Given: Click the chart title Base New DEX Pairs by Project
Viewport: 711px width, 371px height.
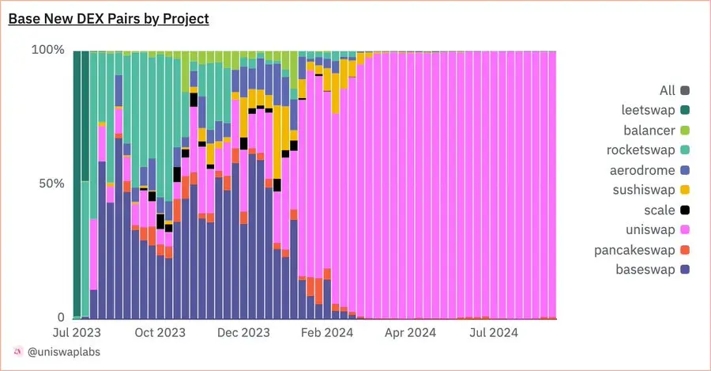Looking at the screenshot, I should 108,18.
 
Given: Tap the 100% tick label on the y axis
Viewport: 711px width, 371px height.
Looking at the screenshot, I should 47,50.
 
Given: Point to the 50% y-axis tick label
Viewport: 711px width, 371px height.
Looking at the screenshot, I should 51,184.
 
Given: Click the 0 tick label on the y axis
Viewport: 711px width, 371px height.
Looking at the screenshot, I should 60,317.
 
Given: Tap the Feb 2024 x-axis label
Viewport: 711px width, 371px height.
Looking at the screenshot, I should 327,333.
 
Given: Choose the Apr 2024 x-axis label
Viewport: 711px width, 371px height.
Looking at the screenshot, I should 410,333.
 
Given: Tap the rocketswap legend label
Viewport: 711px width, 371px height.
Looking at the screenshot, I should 641,150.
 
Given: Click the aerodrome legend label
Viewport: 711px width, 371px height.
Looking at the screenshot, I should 641,170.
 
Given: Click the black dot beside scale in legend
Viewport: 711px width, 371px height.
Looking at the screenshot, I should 685,210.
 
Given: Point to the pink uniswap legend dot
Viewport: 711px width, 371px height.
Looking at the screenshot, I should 685,230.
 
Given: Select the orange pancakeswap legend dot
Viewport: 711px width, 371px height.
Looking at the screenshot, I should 685,250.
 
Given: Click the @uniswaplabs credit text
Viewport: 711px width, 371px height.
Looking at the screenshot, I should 63,351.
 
